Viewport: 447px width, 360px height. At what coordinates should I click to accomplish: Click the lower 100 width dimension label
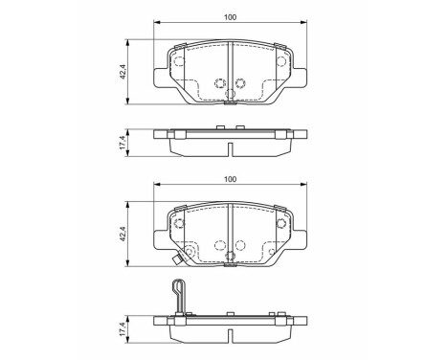[230, 179]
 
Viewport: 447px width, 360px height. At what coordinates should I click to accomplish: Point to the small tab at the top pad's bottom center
[230, 106]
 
